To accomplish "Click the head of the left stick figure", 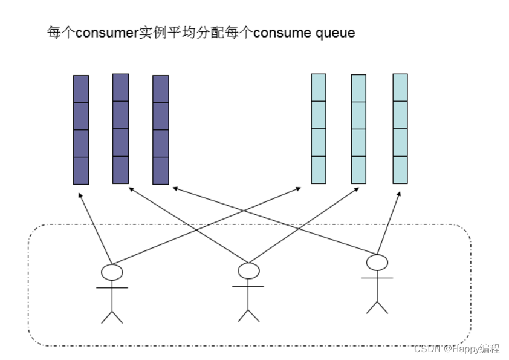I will click(112, 272).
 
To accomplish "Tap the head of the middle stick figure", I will click(248, 270).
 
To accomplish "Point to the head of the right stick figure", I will click(377, 263).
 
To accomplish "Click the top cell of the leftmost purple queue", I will click(81, 89).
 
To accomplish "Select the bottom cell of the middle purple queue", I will click(121, 170).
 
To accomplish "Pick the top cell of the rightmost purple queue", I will click(161, 89).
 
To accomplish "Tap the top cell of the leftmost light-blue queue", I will click(319, 88).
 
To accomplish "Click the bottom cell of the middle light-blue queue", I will click(358, 170).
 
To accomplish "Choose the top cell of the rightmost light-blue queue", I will click(400, 88).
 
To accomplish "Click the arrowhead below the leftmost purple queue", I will click(80, 195).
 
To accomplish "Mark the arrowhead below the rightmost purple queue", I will click(175, 188).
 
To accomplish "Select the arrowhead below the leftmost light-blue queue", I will click(298, 189).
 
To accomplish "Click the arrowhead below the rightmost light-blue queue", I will click(399, 195).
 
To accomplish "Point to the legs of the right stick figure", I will click(377, 307).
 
